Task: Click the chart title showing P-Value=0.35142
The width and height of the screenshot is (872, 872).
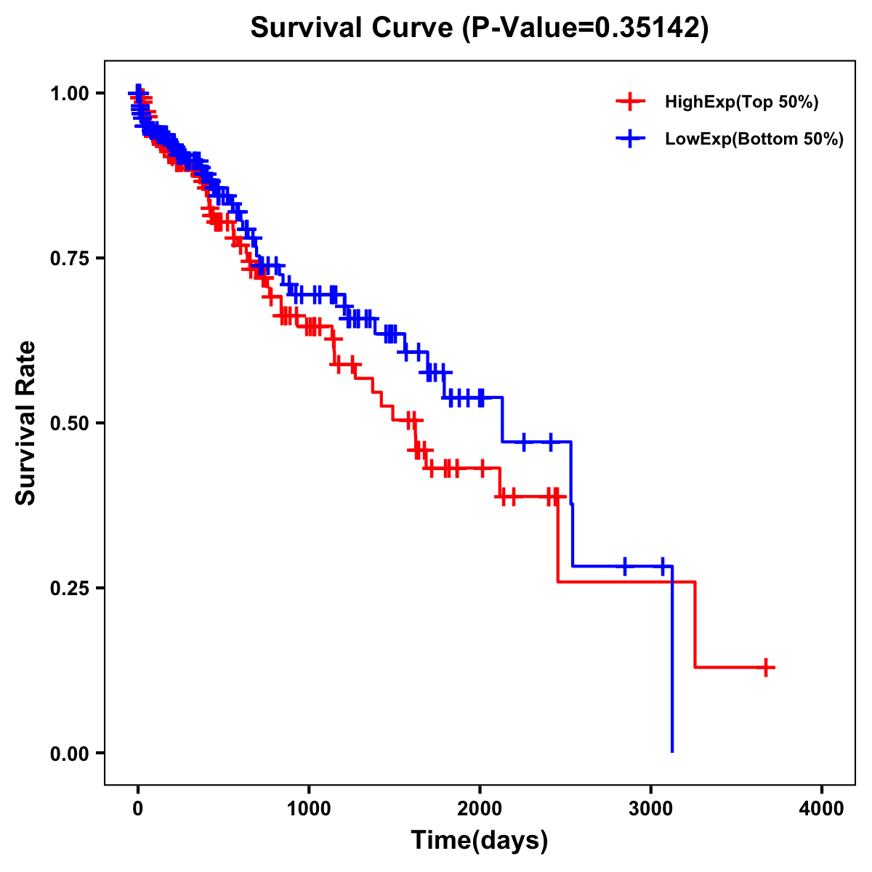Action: [x=479, y=28]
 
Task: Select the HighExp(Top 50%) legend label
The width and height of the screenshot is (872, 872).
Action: [x=742, y=102]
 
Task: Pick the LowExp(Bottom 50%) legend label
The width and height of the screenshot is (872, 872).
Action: [x=754, y=140]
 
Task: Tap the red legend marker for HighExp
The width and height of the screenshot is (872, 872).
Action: [x=630, y=102]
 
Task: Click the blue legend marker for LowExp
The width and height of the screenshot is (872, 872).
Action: [x=630, y=139]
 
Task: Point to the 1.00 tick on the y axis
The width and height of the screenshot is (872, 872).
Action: [x=69, y=94]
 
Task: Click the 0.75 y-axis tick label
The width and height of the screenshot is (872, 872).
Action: [x=69, y=259]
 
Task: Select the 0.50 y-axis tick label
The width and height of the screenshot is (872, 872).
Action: [x=69, y=424]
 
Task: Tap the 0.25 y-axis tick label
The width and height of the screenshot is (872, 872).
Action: [x=69, y=589]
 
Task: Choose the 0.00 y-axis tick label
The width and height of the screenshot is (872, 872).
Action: [x=69, y=754]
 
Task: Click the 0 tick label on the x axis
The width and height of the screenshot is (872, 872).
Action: [x=137, y=810]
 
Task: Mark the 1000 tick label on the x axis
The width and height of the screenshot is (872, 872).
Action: [x=309, y=810]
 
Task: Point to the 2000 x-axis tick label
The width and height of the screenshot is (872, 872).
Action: [x=480, y=810]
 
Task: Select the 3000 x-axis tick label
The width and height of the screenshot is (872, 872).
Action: [x=651, y=810]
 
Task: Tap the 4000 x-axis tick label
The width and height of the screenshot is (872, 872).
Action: [x=822, y=810]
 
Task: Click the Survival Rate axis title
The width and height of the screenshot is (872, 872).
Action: [x=26, y=423]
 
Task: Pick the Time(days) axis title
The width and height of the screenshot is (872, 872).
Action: [x=480, y=841]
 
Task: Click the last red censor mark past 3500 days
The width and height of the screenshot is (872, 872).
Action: [x=766, y=667]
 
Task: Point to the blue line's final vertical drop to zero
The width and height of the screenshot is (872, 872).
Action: [x=672, y=661]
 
